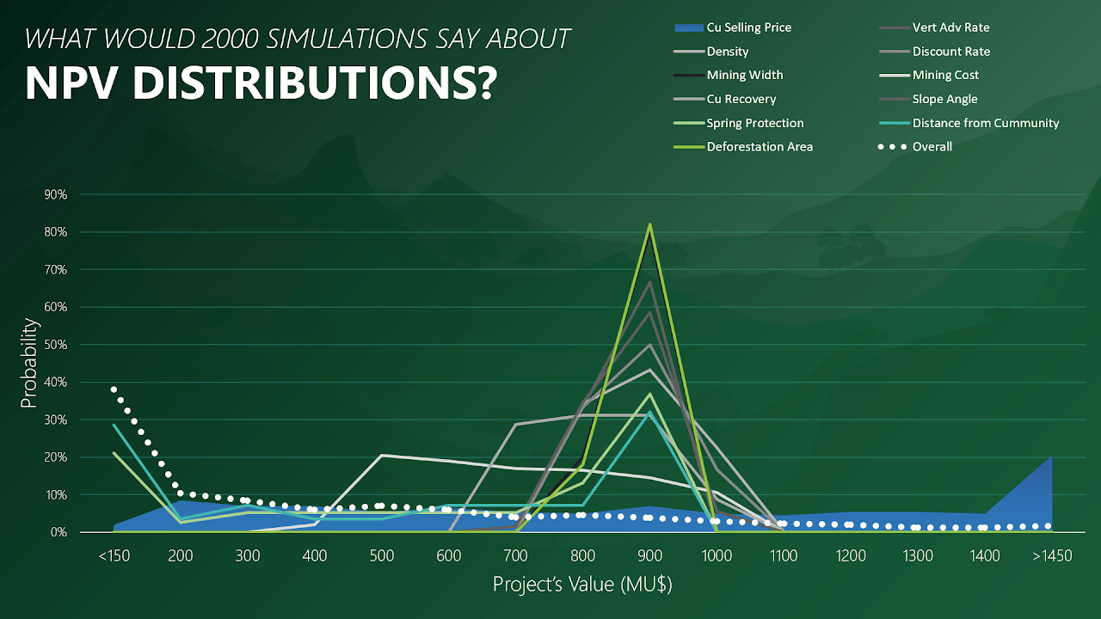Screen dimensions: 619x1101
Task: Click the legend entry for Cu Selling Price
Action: click(x=748, y=28)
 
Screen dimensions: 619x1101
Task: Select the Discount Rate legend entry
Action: click(x=951, y=52)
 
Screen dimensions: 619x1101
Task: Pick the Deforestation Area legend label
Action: click(x=760, y=146)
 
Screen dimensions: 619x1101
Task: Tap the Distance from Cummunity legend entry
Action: click(x=986, y=123)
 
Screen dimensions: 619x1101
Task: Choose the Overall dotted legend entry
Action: click(x=932, y=146)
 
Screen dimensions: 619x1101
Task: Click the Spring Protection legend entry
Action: click(x=755, y=123)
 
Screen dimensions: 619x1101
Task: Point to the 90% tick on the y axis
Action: click(x=55, y=194)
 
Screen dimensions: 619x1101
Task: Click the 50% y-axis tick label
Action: click(x=55, y=345)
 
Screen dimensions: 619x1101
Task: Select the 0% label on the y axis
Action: click(x=58, y=532)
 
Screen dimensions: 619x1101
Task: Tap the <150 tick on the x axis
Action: click(x=114, y=556)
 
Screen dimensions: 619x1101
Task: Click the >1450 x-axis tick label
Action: click(x=1051, y=556)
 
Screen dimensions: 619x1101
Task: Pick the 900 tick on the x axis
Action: click(x=650, y=556)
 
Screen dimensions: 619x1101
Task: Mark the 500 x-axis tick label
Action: click(x=382, y=556)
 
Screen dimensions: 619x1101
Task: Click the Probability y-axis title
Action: click(x=28, y=364)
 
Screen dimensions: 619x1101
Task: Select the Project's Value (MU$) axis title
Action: click(x=582, y=585)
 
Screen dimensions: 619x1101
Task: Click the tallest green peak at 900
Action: click(x=650, y=224)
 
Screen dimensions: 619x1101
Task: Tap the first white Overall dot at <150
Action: click(x=114, y=389)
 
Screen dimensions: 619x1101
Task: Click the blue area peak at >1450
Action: click(x=1051, y=457)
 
